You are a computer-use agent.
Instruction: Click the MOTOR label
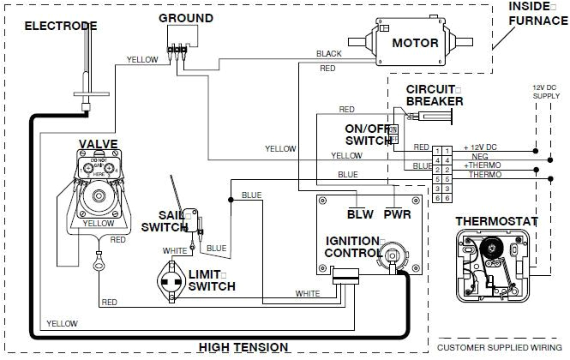pos(416,43)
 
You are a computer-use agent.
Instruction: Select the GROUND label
pos(186,17)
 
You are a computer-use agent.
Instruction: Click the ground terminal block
pos(177,39)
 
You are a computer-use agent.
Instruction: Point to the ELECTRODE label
pos(60,26)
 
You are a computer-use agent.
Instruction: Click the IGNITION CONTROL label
pos(352,247)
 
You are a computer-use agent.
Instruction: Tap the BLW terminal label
pos(359,213)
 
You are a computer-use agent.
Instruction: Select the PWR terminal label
pos(396,213)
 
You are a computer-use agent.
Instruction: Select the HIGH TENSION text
pos(243,347)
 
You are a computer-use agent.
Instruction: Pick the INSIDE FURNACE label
pos(534,12)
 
